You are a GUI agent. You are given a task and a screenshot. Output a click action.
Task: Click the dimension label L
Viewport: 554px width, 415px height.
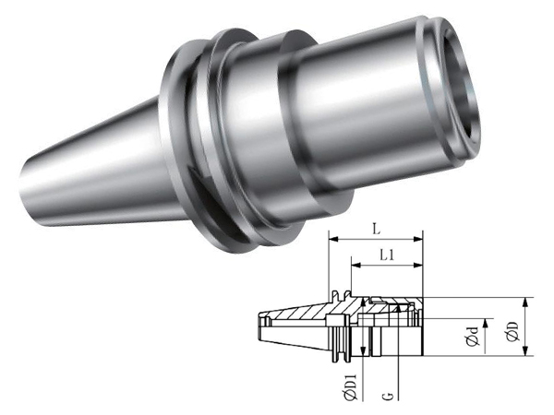(377, 230)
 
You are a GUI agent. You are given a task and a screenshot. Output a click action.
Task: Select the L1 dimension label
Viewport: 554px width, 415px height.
(387, 255)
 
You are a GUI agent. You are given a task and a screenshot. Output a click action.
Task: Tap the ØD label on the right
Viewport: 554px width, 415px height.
(512, 332)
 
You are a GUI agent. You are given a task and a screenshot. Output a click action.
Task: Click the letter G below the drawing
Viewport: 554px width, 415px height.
(388, 396)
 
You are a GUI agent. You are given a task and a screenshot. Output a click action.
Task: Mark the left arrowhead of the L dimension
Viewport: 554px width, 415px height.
(334, 239)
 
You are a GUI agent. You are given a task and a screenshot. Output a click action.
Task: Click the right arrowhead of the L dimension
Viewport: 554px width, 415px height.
(418, 239)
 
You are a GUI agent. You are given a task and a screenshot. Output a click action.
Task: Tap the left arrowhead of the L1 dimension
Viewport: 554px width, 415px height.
(356, 265)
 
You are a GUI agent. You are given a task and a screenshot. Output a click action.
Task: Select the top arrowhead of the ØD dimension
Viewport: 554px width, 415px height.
(526, 302)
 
